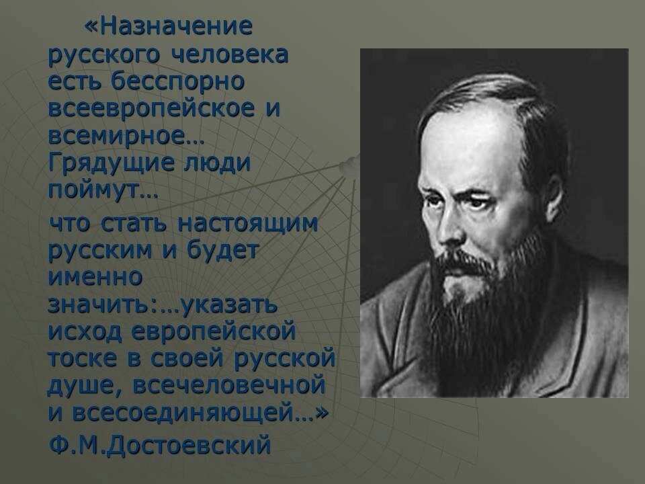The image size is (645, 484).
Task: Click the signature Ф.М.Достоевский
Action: (x=160, y=444)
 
